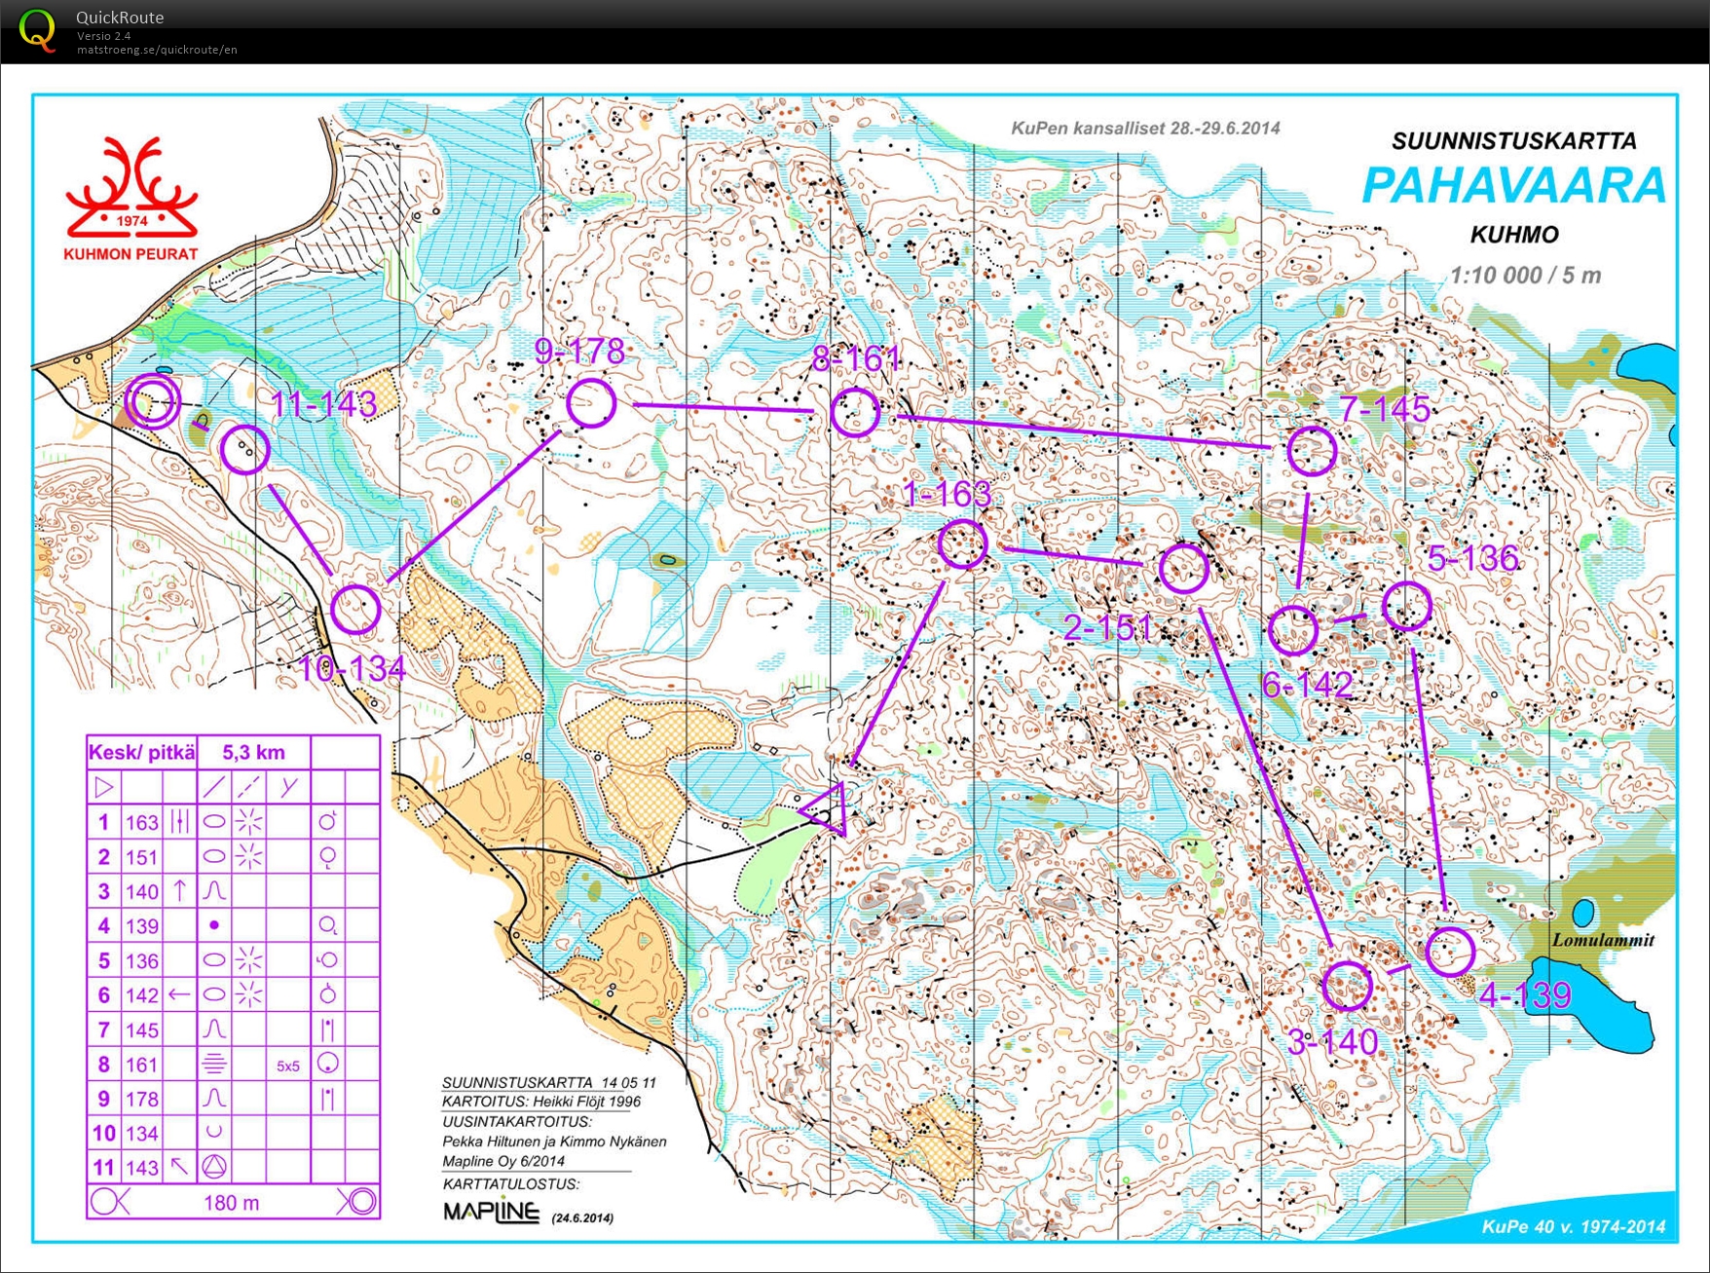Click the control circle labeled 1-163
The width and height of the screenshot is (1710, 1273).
[963, 543]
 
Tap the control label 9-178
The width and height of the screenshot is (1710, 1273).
[579, 352]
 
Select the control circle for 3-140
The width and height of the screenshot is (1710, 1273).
[1348, 986]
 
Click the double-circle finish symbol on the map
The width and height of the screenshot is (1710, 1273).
[153, 400]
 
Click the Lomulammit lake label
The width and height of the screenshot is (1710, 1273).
[1602, 940]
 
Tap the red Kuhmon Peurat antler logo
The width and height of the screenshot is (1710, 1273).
[131, 190]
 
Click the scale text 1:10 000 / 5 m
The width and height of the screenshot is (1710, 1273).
[1525, 276]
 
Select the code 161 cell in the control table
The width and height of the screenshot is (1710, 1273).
[141, 1065]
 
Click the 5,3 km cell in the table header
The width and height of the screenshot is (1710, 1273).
[253, 752]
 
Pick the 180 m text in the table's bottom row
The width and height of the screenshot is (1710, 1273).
[231, 1203]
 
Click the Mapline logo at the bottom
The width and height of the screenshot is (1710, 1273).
[491, 1212]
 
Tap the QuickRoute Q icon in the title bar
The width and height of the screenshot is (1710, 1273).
[37, 29]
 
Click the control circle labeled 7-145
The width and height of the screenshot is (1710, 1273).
[1312, 451]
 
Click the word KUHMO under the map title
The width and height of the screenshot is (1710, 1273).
[1514, 235]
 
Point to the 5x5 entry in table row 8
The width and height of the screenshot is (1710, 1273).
[288, 1067]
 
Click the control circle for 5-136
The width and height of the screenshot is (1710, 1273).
[1406, 606]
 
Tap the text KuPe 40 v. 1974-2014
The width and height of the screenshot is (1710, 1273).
[1573, 1227]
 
